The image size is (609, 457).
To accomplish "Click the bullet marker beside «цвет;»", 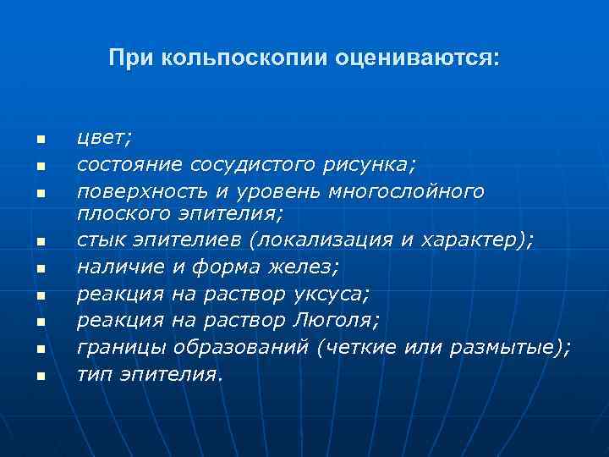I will tap(39, 140).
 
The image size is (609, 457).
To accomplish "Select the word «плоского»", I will tap(117, 215).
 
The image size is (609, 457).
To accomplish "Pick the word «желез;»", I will tap(308, 268).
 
